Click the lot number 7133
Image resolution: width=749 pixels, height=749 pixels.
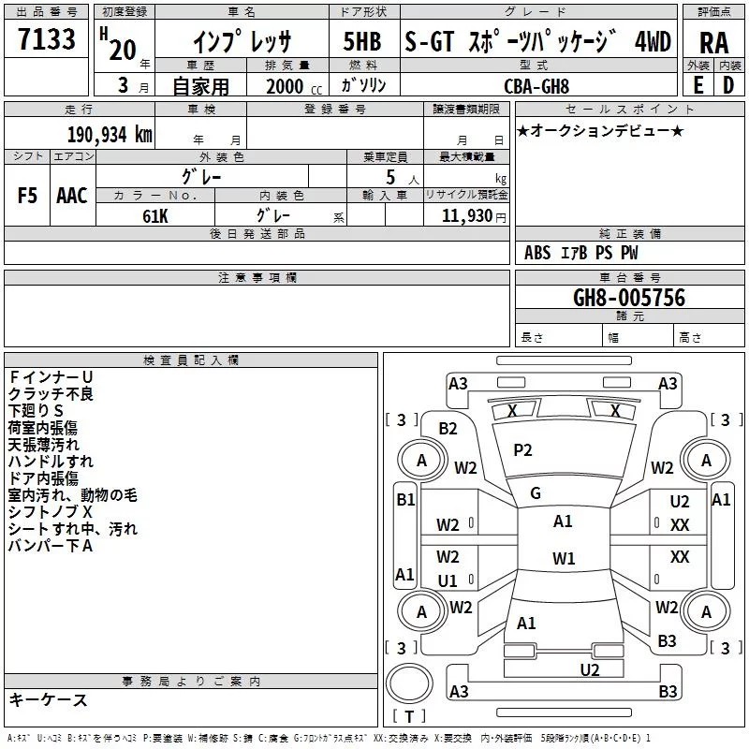47,39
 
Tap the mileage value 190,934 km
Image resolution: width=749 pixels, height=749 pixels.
110,135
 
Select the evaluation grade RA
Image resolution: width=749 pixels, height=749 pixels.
714,43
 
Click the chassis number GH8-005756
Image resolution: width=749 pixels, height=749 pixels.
629,298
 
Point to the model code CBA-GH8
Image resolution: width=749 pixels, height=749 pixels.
536,86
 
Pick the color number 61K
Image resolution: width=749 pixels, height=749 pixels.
155,216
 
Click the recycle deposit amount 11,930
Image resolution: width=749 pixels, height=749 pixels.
466,216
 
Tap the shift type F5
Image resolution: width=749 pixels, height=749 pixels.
27,196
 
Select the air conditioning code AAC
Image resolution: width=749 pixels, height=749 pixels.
72,196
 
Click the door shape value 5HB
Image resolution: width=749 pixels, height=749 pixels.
362,41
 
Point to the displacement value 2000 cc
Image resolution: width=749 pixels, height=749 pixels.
294,86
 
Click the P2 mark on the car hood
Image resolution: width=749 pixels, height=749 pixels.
522,450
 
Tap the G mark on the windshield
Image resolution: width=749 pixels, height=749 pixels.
536,493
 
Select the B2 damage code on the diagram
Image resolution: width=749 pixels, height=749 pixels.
448,429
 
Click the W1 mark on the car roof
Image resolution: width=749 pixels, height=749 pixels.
564,558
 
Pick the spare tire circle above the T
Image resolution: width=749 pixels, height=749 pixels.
409,683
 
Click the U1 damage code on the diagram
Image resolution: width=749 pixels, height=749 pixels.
448,580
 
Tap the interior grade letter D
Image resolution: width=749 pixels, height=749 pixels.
728,85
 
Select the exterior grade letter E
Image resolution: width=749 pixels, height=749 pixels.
698,85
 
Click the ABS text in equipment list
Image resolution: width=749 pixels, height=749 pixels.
537,253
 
